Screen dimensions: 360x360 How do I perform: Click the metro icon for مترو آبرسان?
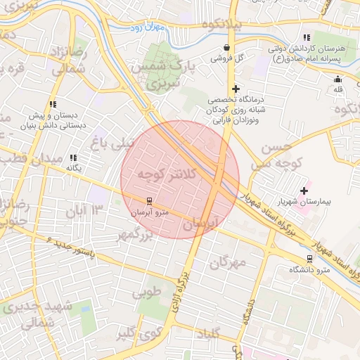(148, 201)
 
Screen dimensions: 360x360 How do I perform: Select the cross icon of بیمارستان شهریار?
(304, 191)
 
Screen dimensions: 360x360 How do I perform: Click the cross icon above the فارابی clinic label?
(236, 89)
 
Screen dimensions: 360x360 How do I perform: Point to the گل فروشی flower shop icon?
(226, 48)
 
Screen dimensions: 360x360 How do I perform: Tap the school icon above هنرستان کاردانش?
(306, 37)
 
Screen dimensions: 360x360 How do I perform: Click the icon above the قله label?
(337, 79)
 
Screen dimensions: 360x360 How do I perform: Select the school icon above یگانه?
(73, 158)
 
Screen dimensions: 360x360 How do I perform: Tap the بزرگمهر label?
(134, 236)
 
